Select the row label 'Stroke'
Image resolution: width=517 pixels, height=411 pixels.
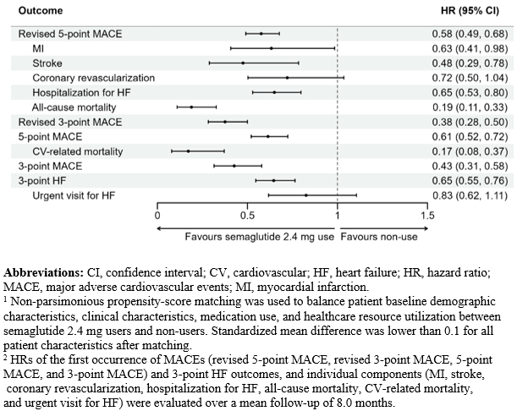click(47, 63)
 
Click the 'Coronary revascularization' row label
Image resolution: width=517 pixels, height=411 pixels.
click(93, 78)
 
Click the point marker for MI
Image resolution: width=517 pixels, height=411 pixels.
click(271, 48)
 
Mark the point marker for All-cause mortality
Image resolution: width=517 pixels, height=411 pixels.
click(191, 107)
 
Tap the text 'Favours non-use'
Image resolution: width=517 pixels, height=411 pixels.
click(378, 236)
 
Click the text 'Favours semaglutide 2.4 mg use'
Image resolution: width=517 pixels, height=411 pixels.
click(260, 236)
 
